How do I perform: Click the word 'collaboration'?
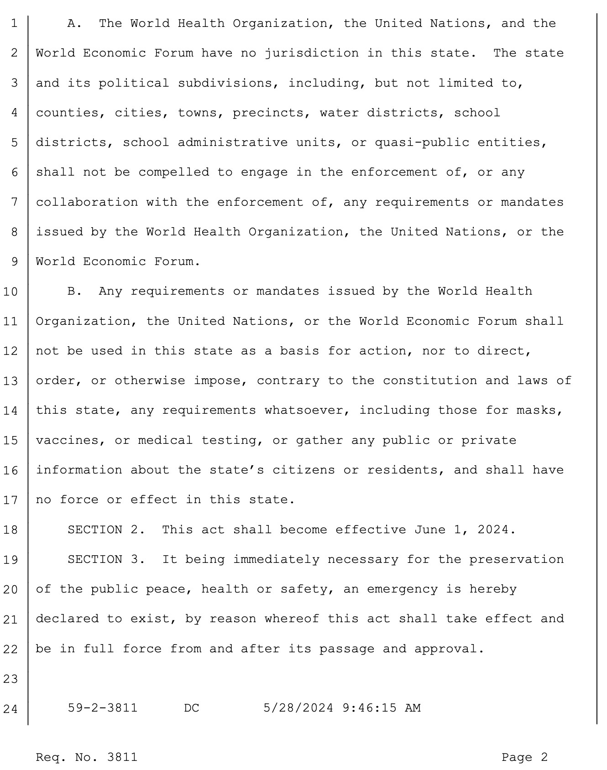[x=87, y=202]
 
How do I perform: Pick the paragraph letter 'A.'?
[x=74, y=24]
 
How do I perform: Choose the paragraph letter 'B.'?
[x=74, y=291]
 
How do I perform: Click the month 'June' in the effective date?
[x=429, y=530]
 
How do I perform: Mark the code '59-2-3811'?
[x=103, y=708]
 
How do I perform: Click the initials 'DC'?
[x=192, y=708]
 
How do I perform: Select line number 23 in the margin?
[x=10, y=679]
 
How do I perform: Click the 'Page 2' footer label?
[x=524, y=758]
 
